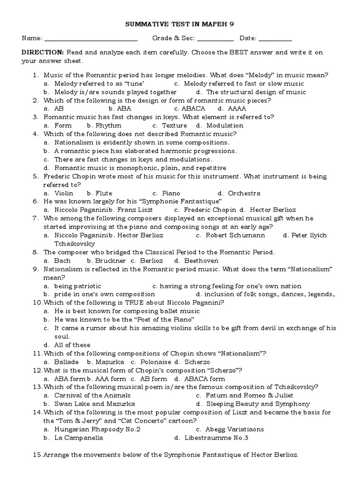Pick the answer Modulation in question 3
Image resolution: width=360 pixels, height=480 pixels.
(225, 126)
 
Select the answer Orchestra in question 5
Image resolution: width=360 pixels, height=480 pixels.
(244, 193)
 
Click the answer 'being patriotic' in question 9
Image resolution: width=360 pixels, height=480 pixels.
(77, 286)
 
